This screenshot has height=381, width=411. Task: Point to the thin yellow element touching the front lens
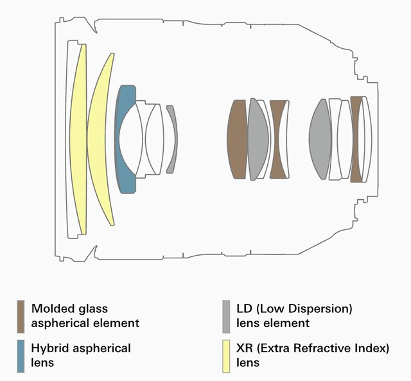pyautogui.click(x=78, y=139)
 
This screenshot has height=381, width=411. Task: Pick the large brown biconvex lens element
pyautogui.click(x=237, y=139)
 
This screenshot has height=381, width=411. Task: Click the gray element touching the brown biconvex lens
pyautogui.click(x=258, y=139)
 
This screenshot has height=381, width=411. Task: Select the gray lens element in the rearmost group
pyautogui.click(x=320, y=139)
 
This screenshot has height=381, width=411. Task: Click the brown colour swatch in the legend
pyautogui.click(x=21, y=317)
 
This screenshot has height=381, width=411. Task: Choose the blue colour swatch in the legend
pyautogui.click(x=21, y=356)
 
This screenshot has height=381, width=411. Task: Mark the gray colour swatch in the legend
pyautogui.click(x=226, y=317)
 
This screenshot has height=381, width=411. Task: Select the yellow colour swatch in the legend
pyautogui.click(x=226, y=356)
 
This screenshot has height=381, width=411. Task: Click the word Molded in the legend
pyautogui.click(x=50, y=308)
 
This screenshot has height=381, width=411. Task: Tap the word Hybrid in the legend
pyautogui.click(x=50, y=349)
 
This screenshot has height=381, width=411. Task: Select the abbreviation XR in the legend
pyautogui.click(x=245, y=348)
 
